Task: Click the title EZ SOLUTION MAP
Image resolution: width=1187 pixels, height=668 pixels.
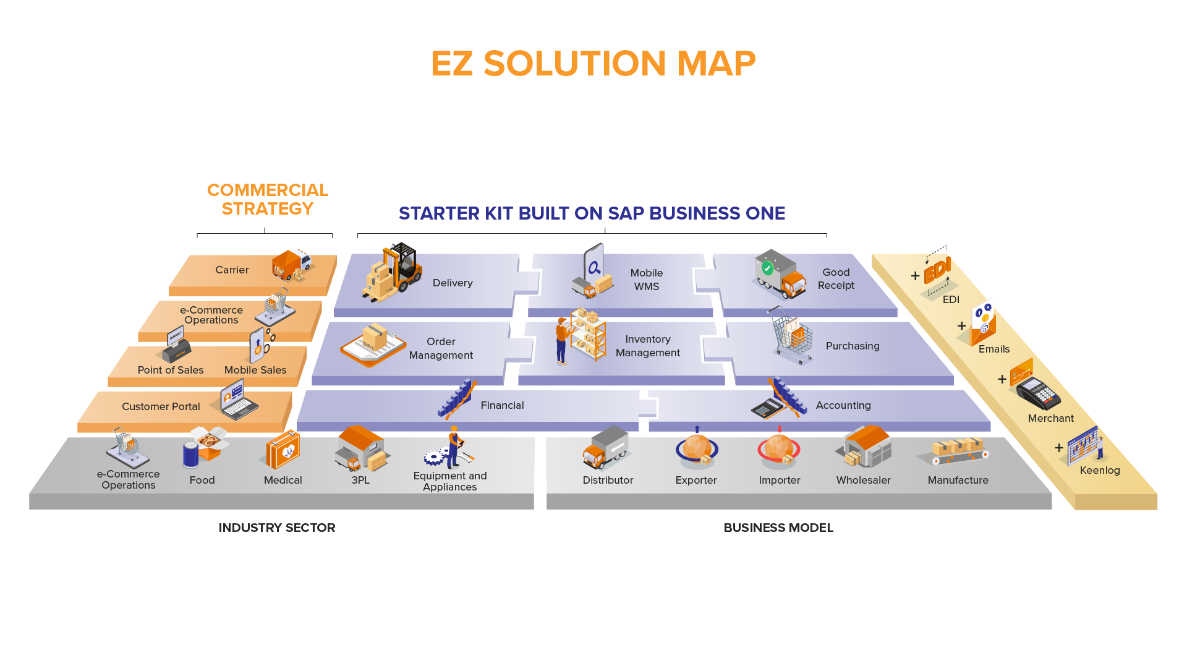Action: coord(593,64)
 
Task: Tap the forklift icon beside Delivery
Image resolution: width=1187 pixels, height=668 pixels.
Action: coord(393,272)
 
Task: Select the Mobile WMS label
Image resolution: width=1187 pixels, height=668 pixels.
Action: coord(647,280)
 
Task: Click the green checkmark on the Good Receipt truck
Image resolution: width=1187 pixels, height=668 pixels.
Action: coord(767,268)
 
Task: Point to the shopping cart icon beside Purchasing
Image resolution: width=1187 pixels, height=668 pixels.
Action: coord(791,336)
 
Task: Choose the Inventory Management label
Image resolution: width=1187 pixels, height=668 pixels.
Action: coord(648,346)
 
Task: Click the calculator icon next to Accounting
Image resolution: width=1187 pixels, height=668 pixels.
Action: coord(767,408)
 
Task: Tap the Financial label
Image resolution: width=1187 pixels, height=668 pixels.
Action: coord(502,405)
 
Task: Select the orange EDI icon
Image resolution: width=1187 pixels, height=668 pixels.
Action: coord(937,270)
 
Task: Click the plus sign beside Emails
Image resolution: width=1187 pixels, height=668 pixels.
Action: coord(961,326)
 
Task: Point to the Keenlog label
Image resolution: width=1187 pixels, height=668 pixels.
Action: coord(1100,470)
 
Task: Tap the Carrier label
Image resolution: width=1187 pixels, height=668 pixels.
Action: coord(232,270)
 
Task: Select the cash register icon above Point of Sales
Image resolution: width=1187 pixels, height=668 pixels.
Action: coord(174,346)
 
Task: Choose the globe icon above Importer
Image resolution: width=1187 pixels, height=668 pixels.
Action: coord(778,450)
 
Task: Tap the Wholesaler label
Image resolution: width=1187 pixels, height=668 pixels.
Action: coord(863,480)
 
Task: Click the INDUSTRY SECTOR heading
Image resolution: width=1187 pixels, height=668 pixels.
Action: coord(277,528)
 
